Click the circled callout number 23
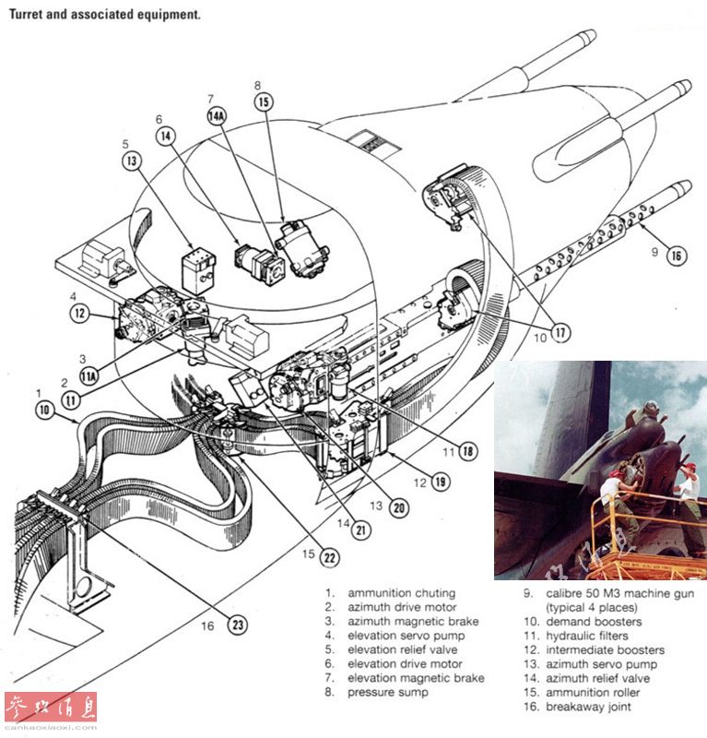239,625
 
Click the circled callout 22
329,556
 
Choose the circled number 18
468,451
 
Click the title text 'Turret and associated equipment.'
105,16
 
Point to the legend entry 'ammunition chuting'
401,593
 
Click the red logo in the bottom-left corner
51,708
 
